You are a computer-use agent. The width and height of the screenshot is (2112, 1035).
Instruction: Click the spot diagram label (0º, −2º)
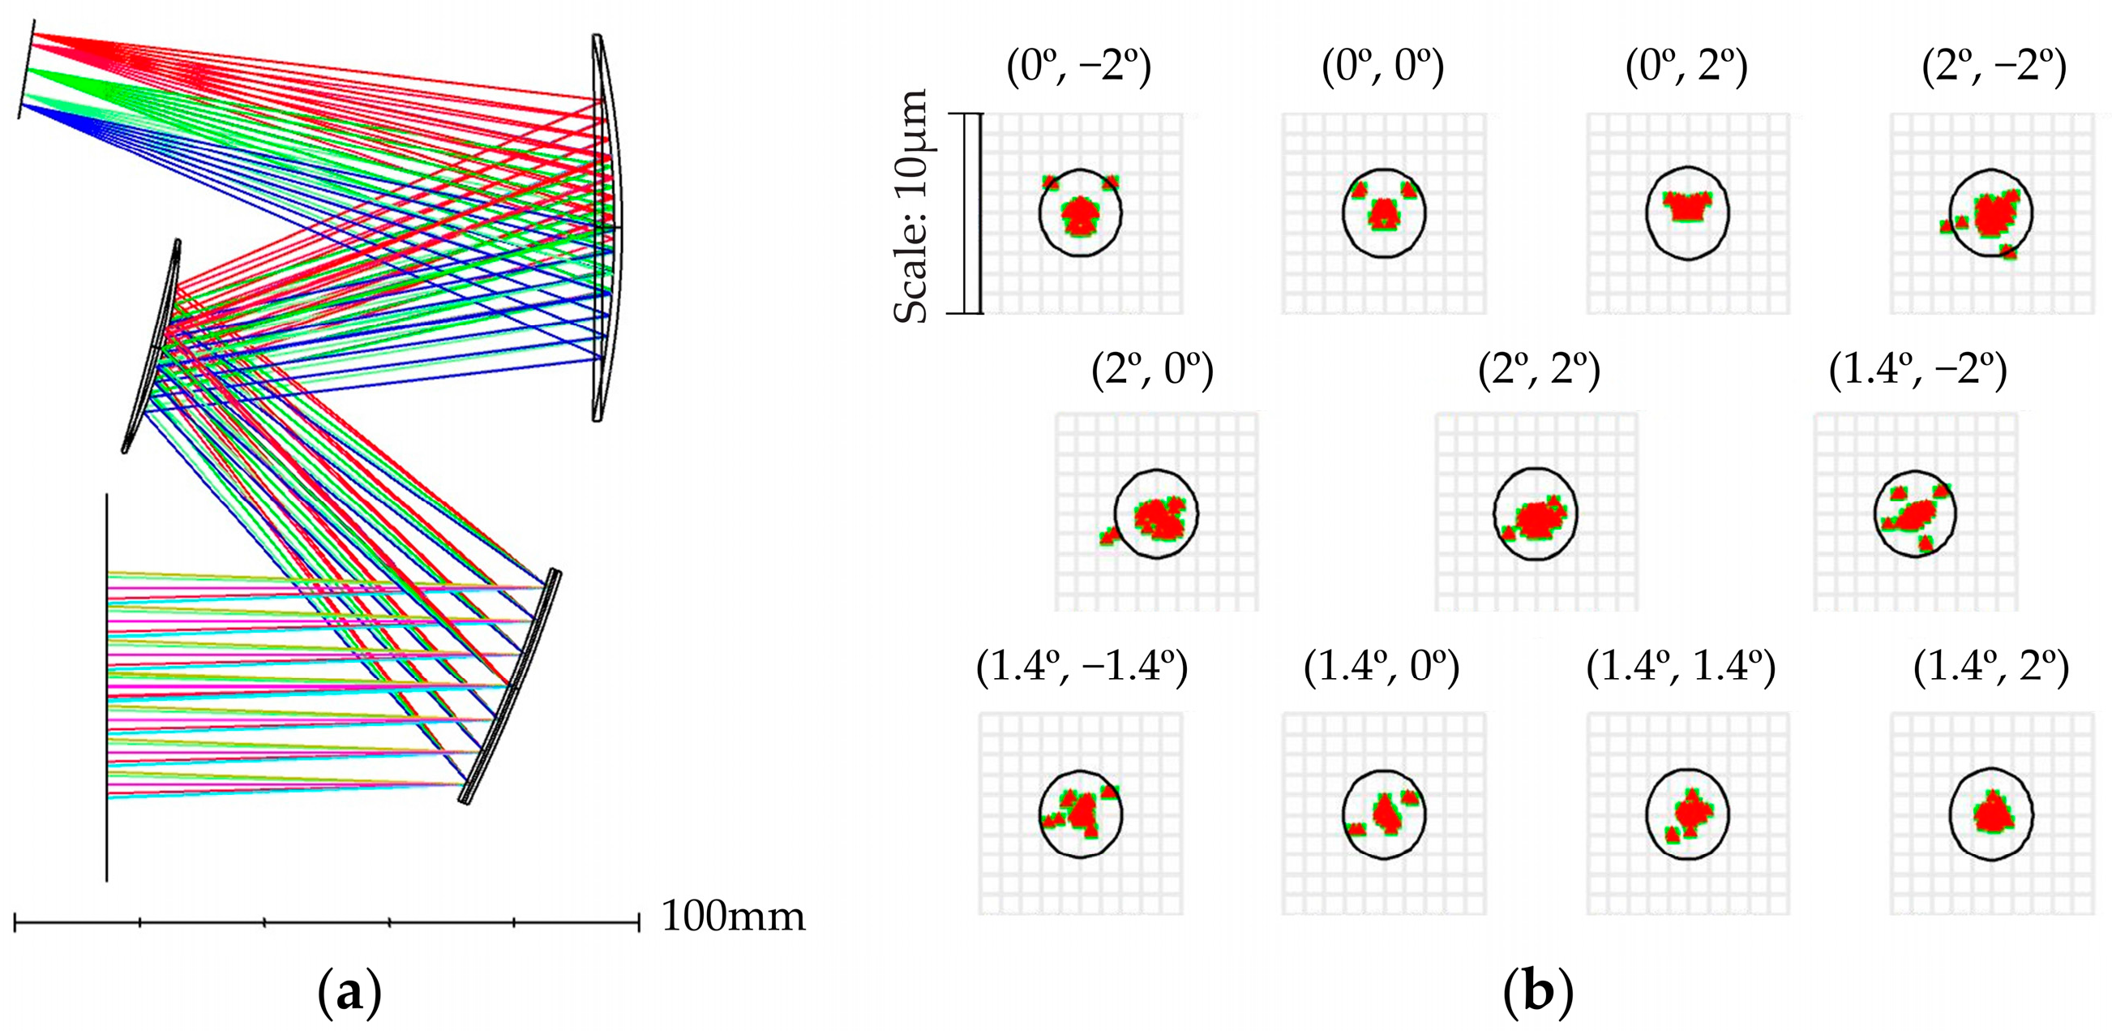[x=1079, y=67]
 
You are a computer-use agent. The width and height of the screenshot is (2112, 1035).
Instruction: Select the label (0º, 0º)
[x=1383, y=67]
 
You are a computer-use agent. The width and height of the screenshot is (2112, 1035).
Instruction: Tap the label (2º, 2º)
[x=1539, y=371]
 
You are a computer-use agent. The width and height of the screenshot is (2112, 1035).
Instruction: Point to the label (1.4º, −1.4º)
[x=1082, y=668]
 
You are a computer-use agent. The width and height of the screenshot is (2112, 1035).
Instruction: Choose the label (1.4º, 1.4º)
[x=1681, y=668]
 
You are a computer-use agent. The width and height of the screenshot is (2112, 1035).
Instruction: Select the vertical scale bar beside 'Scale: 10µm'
[x=972, y=213]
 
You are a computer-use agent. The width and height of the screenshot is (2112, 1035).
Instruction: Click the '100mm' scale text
[x=733, y=917]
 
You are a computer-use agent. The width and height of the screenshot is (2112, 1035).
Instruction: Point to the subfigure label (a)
[x=349, y=993]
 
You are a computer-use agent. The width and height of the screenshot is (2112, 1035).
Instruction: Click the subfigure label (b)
[x=1538, y=993]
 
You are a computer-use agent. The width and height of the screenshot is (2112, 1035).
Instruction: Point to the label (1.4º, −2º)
[x=1917, y=371]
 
